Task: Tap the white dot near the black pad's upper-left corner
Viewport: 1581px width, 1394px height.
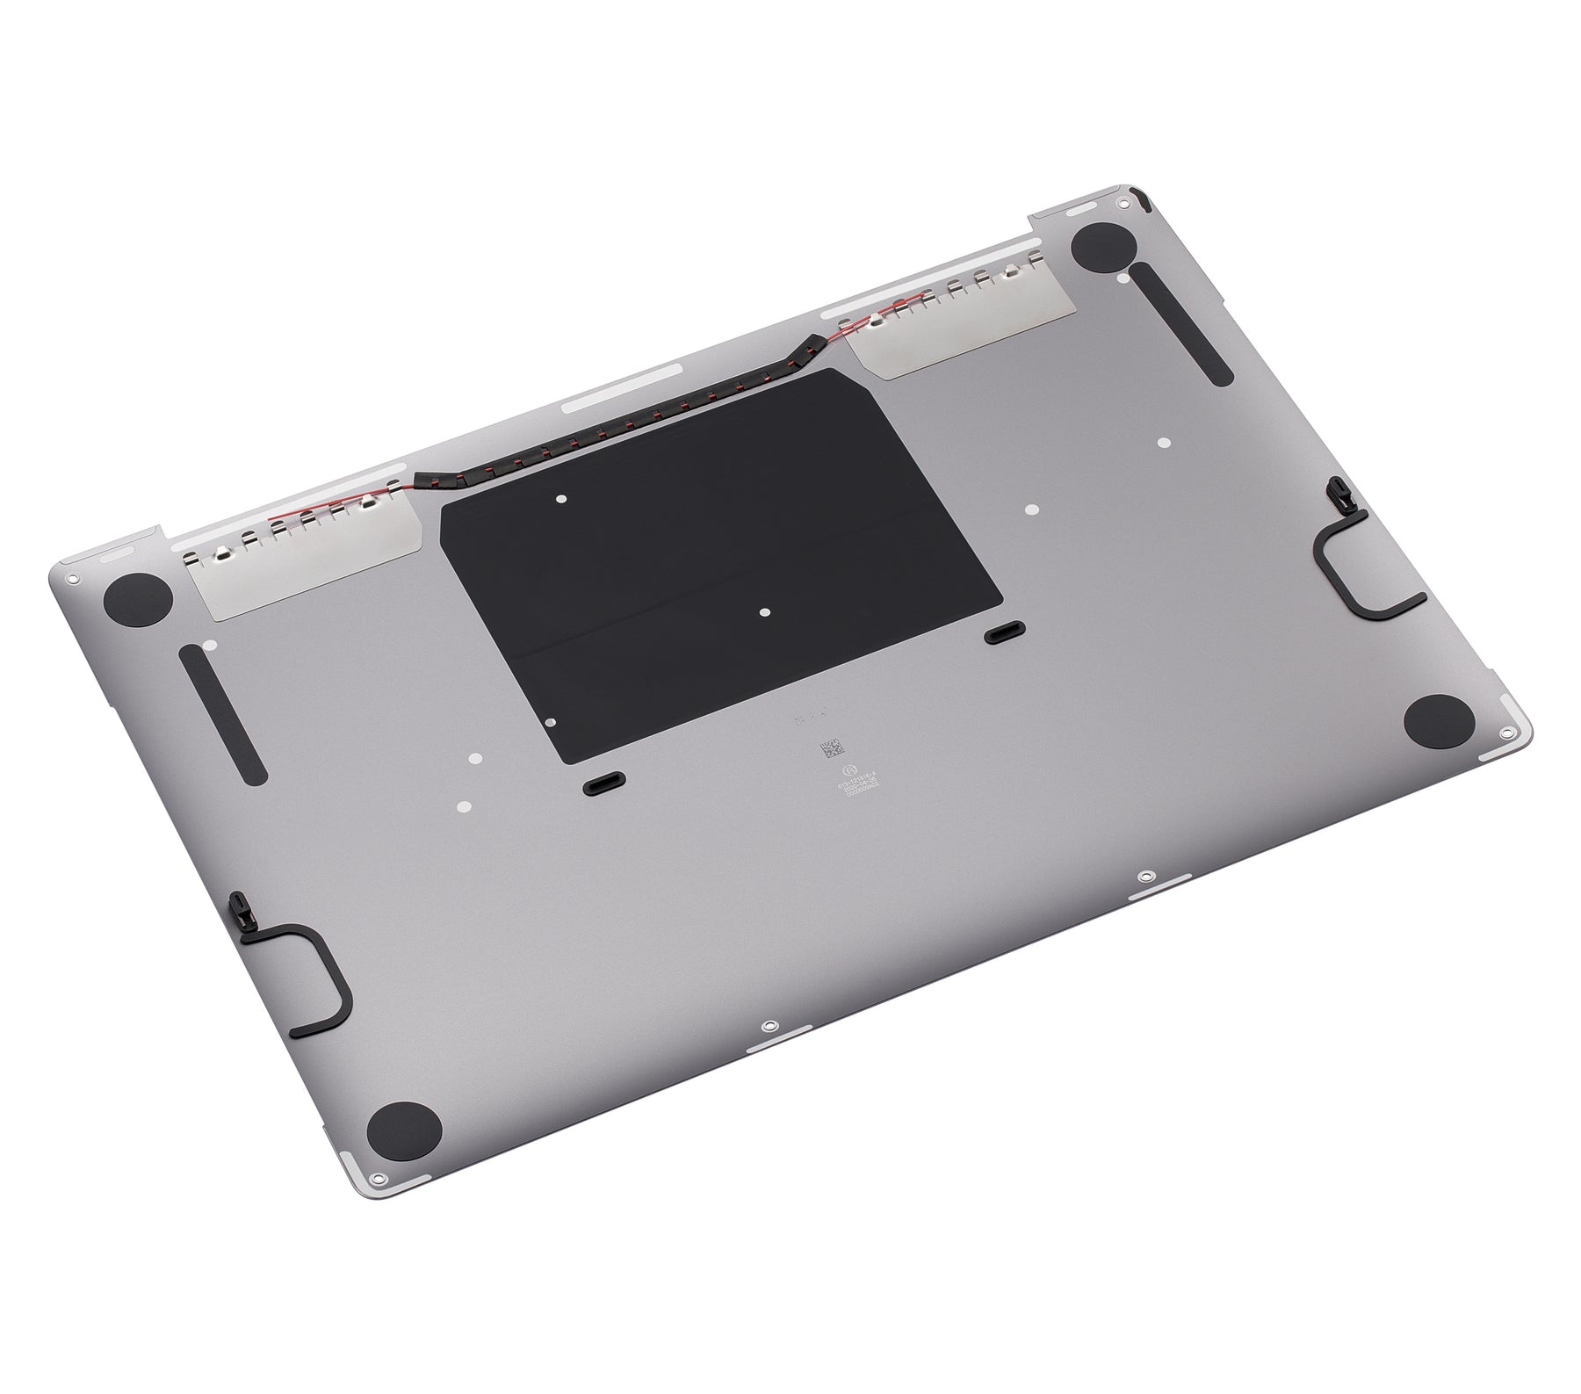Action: coord(561,499)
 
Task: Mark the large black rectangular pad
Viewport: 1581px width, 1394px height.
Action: coord(720,562)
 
